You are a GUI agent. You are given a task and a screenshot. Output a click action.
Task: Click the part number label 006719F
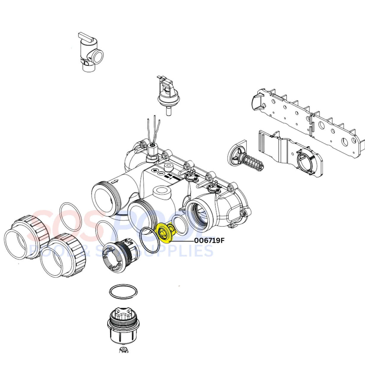click(209, 241)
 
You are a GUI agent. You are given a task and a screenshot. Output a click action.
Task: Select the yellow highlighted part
click(165, 233)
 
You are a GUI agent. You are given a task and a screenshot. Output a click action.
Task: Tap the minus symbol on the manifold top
click(160, 173)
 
